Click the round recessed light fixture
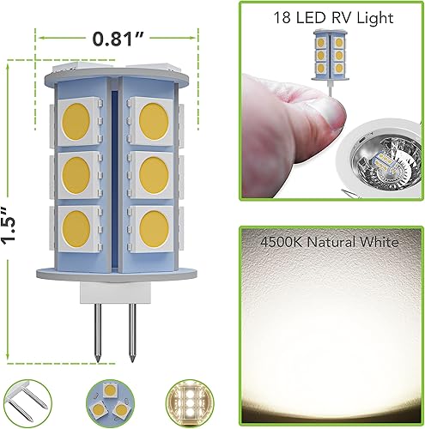(x=379, y=171)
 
